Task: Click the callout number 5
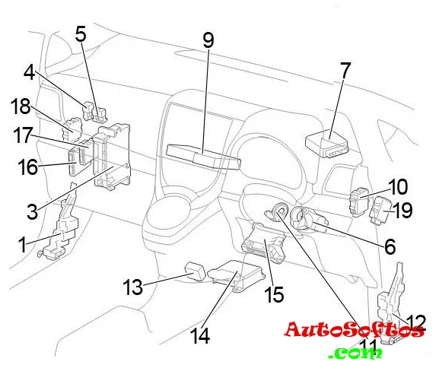pos(81,34)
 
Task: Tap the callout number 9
pos(208,40)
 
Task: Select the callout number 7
pos(345,71)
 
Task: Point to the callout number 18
pos(21,106)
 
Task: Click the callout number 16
pos(27,167)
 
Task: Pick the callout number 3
pos(32,211)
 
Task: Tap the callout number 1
pos(22,244)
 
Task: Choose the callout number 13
pos(133,287)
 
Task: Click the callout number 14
pos(200,336)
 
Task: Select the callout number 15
pos(274,294)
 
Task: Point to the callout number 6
pos(390,246)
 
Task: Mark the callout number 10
pos(399,187)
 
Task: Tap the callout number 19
pos(403,210)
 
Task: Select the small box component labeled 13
pos(195,271)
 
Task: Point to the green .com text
pos(355,353)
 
